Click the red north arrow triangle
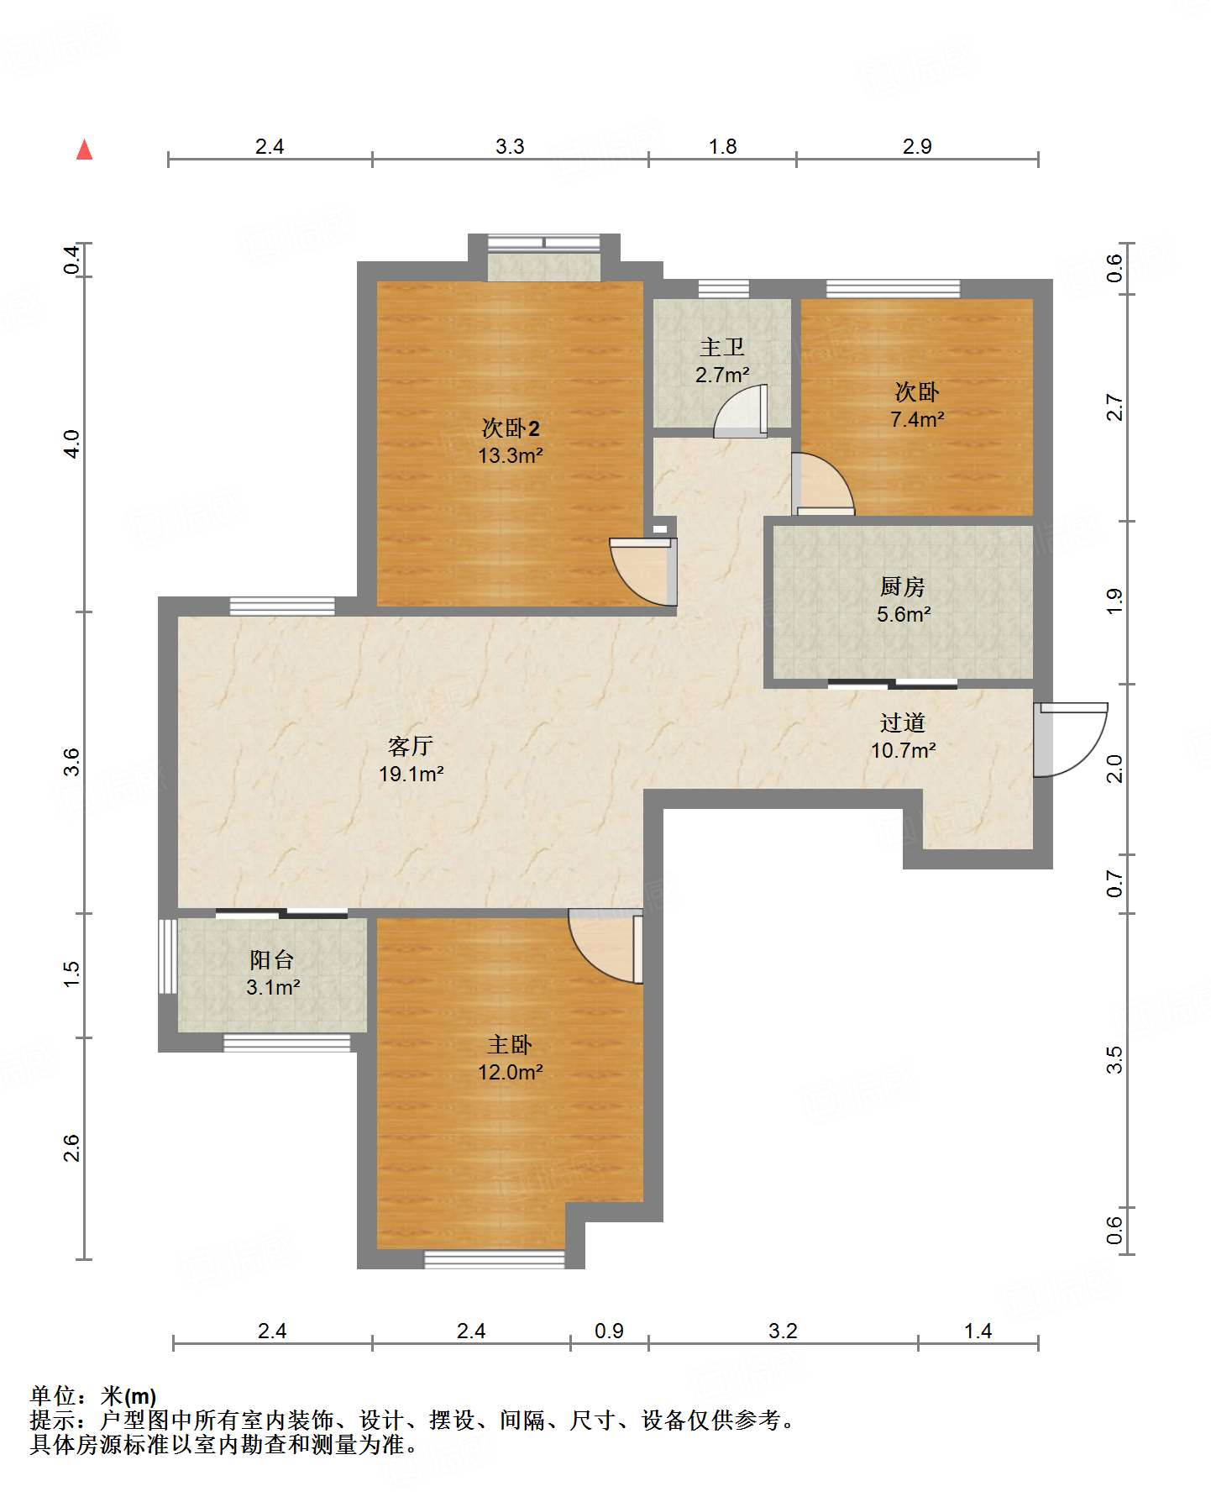tap(84, 150)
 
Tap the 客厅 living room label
tap(411, 745)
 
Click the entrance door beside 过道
tap(1070, 739)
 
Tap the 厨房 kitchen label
tap(903, 586)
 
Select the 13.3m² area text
tap(511, 456)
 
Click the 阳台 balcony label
tap(272, 959)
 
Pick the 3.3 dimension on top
tap(510, 146)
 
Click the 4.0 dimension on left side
tap(72, 444)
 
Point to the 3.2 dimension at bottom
tap(783, 1331)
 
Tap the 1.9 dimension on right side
tap(1114, 601)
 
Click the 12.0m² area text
tap(511, 1073)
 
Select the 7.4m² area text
tap(917, 419)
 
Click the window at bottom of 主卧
tap(494, 1259)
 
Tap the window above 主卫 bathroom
tap(723, 289)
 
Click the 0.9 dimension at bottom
tap(609, 1331)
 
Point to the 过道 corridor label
tap(903, 722)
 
